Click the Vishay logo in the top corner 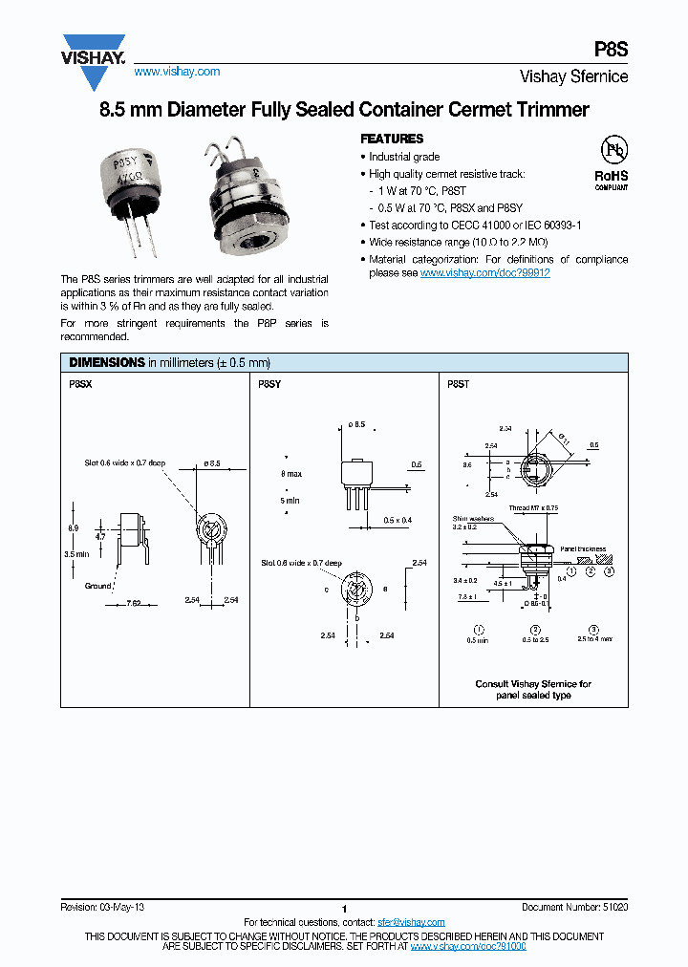pyautogui.click(x=94, y=50)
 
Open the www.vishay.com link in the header pyautogui.click(x=177, y=72)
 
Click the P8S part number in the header pyautogui.click(x=612, y=50)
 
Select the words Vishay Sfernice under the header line pyautogui.click(x=573, y=76)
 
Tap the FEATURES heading pyautogui.click(x=392, y=139)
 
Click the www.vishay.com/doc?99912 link pyautogui.click(x=484, y=272)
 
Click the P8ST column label pyautogui.click(x=459, y=382)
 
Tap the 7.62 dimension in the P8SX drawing pyautogui.click(x=134, y=604)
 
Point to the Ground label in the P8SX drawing pyautogui.click(x=98, y=586)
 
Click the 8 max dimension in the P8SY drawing pyautogui.click(x=290, y=474)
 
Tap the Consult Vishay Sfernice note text pyautogui.click(x=533, y=689)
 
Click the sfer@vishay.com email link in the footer pyautogui.click(x=411, y=922)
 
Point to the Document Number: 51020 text pyautogui.click(x=574, y=906)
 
